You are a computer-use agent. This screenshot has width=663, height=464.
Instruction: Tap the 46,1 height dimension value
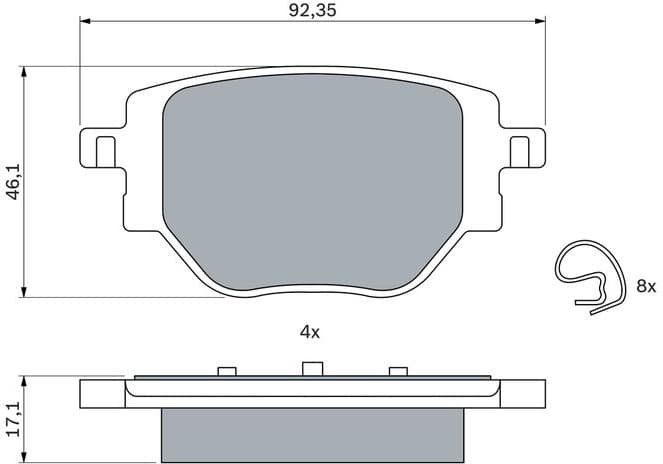point(13,182)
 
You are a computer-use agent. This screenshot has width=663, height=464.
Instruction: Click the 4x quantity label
point(309,332)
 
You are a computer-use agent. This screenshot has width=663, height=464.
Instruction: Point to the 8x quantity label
point(645,286)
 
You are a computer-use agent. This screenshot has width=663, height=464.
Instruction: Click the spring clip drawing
point(590,279)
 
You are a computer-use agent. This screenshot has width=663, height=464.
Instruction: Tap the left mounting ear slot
point(103,152)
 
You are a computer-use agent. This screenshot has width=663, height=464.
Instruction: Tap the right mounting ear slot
point(519,152)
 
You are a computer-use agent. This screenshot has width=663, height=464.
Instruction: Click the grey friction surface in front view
point(311,180)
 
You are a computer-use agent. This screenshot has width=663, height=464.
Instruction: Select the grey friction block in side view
point(311,436)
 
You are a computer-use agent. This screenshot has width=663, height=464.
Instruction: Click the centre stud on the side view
point(310,369)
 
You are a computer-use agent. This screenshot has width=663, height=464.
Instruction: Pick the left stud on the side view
point(227,371)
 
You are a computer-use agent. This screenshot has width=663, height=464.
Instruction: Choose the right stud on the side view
point(397,371)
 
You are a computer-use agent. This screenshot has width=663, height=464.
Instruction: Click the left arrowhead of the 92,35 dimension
point(84,20)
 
